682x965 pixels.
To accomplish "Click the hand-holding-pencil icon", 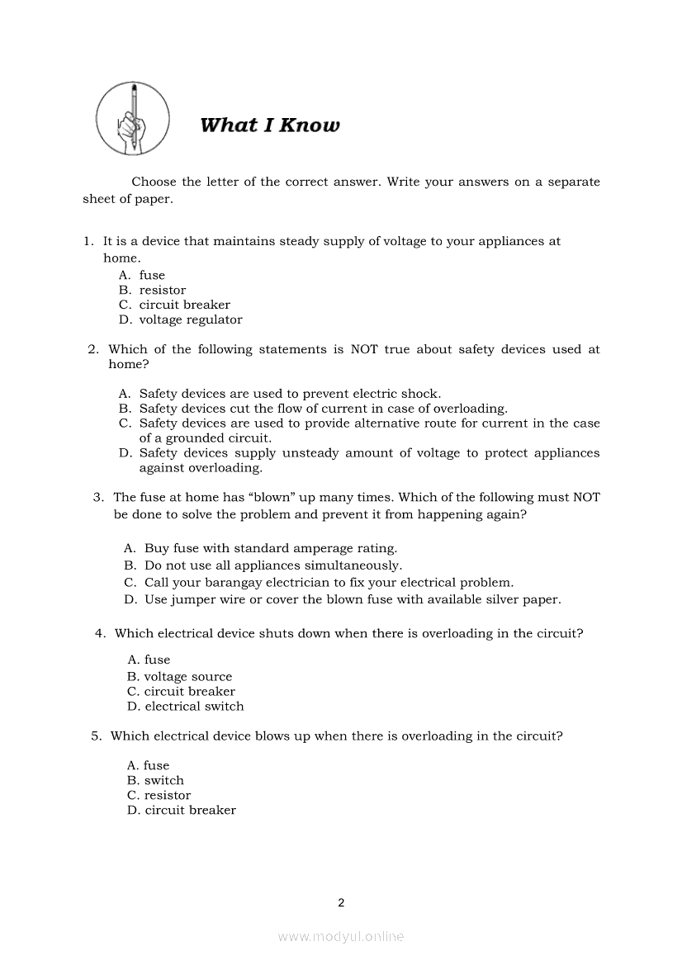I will point(132,118).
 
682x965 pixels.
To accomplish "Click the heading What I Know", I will point(269,125).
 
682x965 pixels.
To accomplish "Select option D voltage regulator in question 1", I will point(190,319).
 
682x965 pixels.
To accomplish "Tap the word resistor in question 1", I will point(163,290).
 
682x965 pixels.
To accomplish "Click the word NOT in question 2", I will point(364,349).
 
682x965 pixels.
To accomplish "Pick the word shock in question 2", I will point(420,394).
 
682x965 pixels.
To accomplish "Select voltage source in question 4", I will point(188,677).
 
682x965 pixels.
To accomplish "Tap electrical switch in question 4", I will point(194,707).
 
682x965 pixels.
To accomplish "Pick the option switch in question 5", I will point(164,781).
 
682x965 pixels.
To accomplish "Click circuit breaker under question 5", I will point(190,811).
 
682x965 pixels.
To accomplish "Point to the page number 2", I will point(341,902).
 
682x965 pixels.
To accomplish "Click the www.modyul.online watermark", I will point(341,937).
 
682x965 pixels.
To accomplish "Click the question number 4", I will point(100,634).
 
